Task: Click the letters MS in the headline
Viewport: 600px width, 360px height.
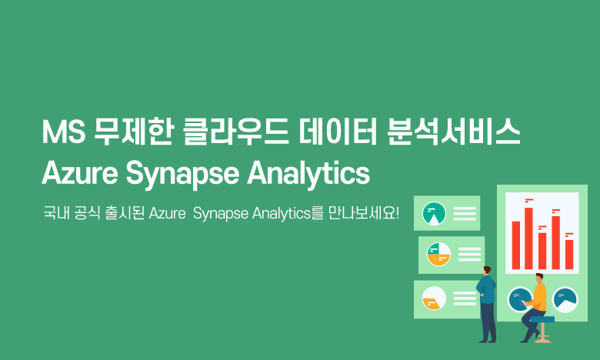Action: tap(64, 132)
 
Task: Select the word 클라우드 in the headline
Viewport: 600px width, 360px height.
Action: tap(235, 132)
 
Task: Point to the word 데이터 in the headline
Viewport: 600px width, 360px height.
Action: tap(338, 132)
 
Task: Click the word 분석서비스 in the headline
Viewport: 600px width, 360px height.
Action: tap(453, 132)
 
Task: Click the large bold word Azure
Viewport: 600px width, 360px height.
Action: tap(80, 173)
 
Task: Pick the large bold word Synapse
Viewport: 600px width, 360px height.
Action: tap(182, 175)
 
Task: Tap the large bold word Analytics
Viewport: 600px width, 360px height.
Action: tap(308, 175)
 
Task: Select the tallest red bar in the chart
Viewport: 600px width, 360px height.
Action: tap(528, 238)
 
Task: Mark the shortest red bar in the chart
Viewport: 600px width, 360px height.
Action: tap(569, 255)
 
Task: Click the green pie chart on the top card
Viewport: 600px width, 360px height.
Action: tap(434, 213)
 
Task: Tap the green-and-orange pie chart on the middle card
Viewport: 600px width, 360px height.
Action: tap(438, 254)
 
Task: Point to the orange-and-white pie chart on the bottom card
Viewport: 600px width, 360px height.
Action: tap(434, 298)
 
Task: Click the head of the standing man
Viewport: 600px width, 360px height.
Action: tap(487, 270)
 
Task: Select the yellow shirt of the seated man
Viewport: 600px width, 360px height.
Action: tap(539, 297)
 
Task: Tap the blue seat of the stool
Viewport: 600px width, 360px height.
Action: tap(542, 319)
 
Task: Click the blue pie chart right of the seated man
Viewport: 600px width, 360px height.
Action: tap(565, 299)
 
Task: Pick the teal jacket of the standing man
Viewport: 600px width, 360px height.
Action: tap(486, 289)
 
